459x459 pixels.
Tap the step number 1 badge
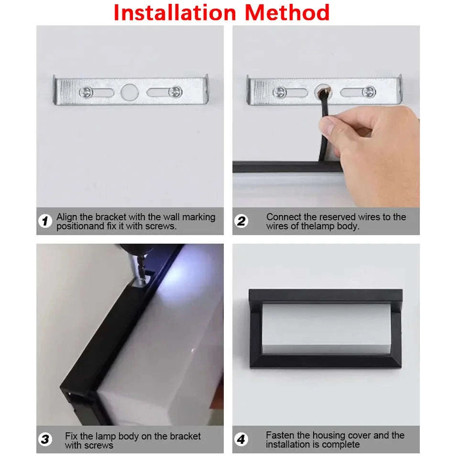click(x=45, y=221)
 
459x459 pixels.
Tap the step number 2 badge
click(x=241, y=221)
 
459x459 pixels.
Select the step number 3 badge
click(x=45, y=439)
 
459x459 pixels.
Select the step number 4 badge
click(x=241, y=439)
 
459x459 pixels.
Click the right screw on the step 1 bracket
click(x=175, y=90)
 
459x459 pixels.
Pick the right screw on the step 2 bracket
click(x=369, y=92)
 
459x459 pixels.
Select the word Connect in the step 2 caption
click(x=283, y=217)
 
